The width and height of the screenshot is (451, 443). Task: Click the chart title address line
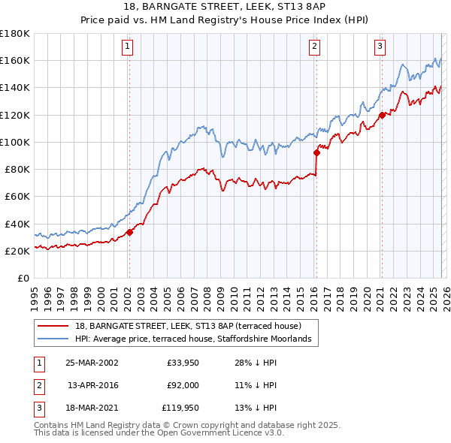225,8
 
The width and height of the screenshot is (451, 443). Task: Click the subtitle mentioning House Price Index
225,21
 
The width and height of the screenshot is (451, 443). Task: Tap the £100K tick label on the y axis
14,142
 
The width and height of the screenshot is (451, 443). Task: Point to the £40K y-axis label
17,224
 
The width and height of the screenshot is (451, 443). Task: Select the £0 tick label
23,279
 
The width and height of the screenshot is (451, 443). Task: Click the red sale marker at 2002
129,232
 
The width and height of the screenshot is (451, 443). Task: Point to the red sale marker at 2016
316,152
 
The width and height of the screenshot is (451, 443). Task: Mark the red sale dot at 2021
382,115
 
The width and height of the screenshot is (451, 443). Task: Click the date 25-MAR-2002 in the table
92,362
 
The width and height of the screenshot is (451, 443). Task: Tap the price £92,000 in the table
183,386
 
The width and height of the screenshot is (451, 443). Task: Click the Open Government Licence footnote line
159,432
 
